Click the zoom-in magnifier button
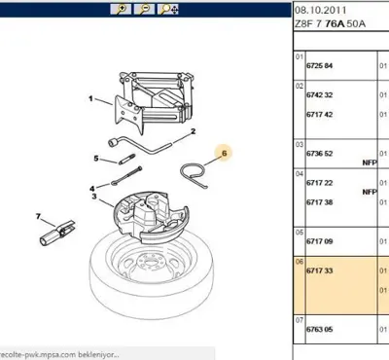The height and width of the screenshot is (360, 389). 122,10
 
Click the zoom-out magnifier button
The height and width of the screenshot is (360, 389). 145,10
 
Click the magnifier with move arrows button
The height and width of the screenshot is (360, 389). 169,10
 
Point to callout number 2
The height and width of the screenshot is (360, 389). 194,131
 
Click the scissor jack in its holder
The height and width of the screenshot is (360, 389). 146,97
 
